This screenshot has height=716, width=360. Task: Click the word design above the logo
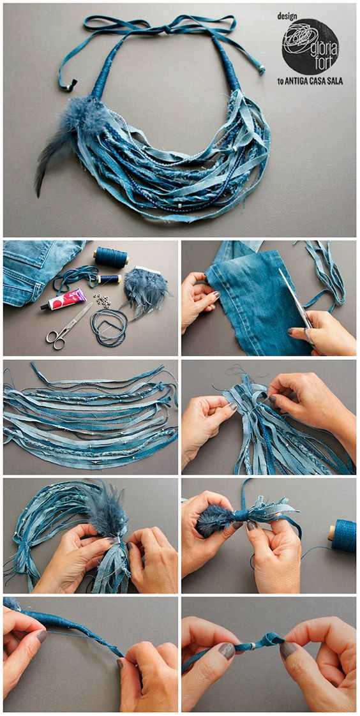[x=287, y=16]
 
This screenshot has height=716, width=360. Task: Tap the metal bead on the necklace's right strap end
[x=262, y=70]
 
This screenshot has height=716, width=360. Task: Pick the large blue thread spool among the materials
[x=111, y=258]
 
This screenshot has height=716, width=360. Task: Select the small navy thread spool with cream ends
[x=109, y=278]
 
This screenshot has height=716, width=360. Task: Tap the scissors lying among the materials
[x=68, y=327]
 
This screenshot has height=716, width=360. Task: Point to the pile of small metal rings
[x=101, y=301]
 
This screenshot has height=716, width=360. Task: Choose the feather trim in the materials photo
[x=146, y=292]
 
